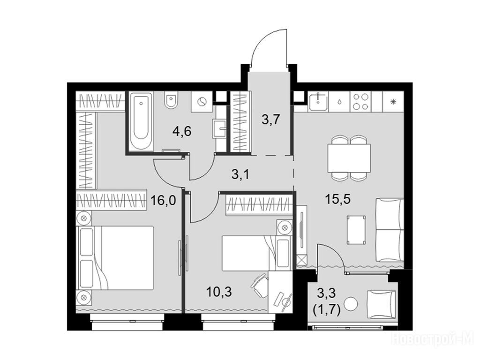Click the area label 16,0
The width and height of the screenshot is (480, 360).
(x=163, y=201)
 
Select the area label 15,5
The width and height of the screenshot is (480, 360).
(x=337, y=199)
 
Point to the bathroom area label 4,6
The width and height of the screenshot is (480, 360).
(x=182, y=131)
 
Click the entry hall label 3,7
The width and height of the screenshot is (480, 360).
(x=271, y=119)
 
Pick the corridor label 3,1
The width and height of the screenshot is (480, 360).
(x=240, y=174)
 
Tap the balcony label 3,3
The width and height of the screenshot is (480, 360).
(x=326, y=293)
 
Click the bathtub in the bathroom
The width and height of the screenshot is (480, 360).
(x=141, y=121)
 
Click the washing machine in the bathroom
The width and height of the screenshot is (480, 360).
(x=202, y=102)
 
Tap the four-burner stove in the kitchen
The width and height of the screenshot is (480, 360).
(x=360, y=102)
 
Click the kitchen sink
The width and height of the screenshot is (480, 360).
(x=318, y=102)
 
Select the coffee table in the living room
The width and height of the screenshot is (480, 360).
(x=356, y=230)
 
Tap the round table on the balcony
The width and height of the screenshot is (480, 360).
(x=351, y=304)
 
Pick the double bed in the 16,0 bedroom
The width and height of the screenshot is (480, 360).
(x=116, y=258)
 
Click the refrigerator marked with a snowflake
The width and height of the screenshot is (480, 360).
(x=393, y=102)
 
